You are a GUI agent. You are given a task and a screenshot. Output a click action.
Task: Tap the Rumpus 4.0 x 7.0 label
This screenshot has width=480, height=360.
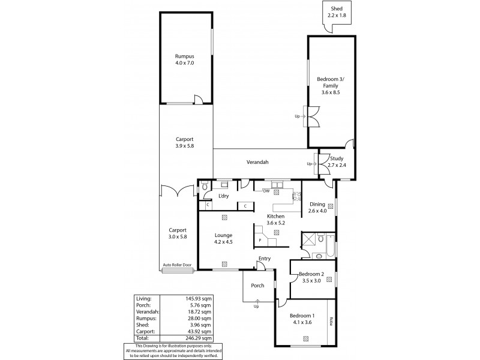point(185,59)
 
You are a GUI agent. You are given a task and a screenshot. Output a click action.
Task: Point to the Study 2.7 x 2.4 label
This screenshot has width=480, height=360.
point(336,161)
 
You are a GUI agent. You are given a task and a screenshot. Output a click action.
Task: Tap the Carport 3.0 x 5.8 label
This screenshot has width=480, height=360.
point(177,233)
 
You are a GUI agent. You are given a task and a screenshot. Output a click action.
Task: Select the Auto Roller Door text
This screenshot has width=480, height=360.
point(177,265)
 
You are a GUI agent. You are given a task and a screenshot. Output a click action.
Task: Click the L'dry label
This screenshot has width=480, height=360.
point(224,196)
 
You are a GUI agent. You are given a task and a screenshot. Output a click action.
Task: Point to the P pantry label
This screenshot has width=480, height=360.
point(260,239)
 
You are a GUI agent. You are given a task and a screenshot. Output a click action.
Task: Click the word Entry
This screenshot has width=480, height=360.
point(264,259)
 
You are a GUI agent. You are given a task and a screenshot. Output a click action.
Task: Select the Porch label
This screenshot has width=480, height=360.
point(258,285)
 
